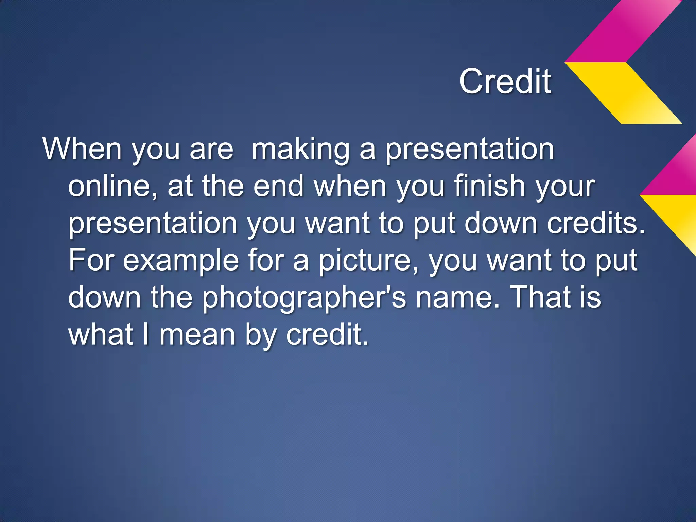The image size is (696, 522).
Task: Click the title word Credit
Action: pos(505,82)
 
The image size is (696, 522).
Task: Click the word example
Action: pos(181,260)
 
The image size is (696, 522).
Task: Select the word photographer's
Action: pos(304,298)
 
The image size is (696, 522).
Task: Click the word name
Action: pos(458,298)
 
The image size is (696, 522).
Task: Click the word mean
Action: pos(197,335)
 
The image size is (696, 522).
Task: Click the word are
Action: pos(211,150)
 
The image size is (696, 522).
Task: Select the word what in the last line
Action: pos(101,334)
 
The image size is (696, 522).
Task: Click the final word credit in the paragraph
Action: pos(327,334)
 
